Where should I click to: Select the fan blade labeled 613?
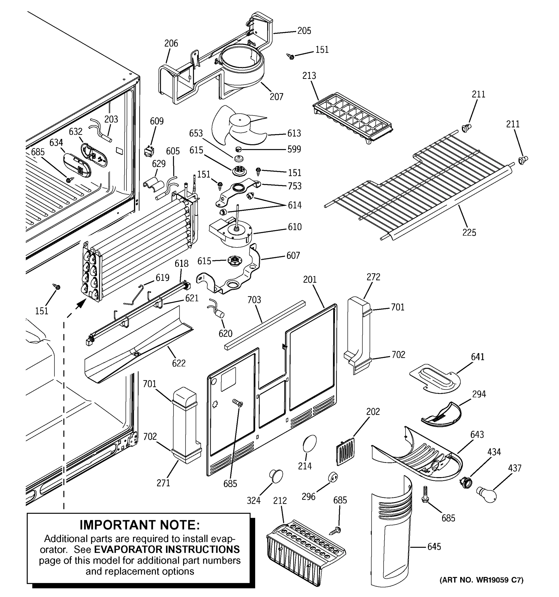tap(237, 126)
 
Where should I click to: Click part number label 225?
tap(469, 232)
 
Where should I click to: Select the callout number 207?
tap(276, 97)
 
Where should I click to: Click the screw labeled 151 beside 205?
tap(291, 56)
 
